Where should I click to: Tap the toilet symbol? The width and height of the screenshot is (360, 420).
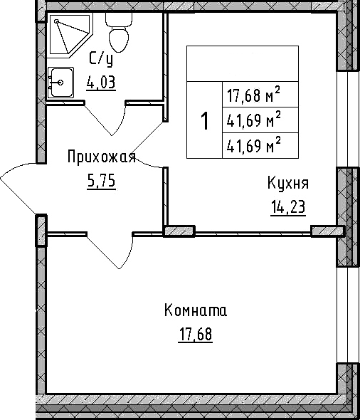(x=117, y=31)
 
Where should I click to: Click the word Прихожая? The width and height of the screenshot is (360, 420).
(x=102, y=157)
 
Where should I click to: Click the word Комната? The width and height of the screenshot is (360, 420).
(x=195, y=311)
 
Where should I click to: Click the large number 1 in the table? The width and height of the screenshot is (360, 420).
(x=205, y=122)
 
